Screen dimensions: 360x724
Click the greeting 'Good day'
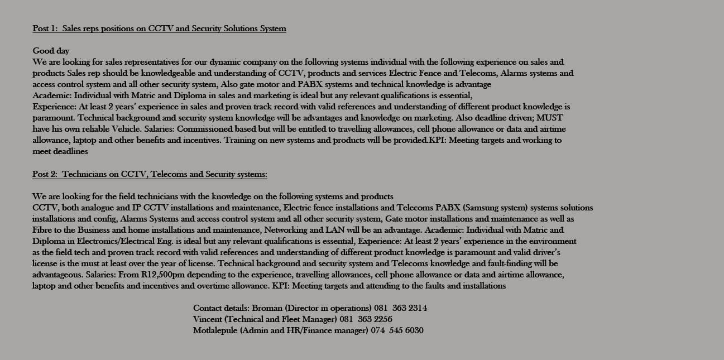coord(51,51)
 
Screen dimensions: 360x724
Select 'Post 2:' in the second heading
coord(45,174)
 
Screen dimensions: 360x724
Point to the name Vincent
coord(208,319)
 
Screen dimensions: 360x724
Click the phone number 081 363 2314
coord(401,308)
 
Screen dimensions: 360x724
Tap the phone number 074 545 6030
coord(397,330)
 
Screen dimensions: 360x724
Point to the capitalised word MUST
coord(549,118)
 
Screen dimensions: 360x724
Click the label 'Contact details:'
coord(221,308)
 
